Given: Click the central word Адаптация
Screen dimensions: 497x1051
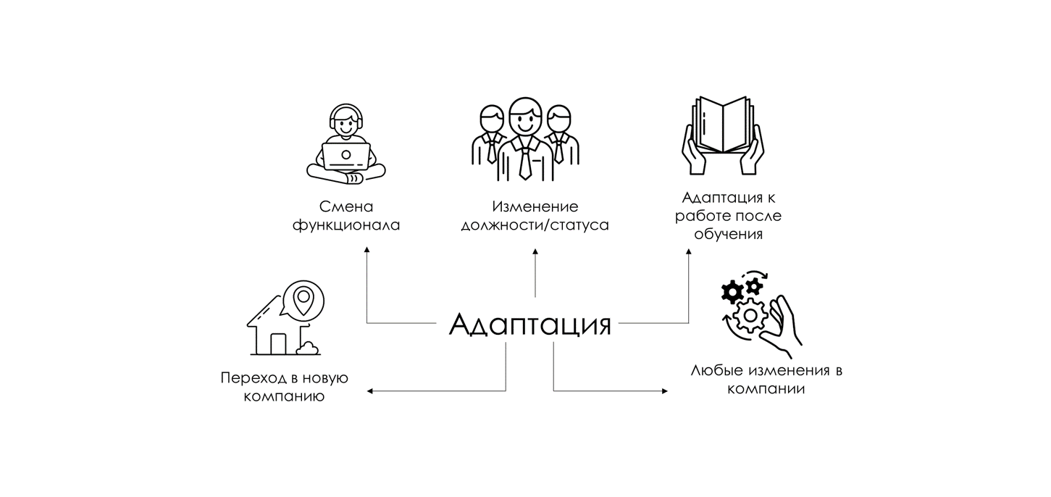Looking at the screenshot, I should (x=529, y=324).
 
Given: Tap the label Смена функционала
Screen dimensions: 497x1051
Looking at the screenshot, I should (x=346, y=216).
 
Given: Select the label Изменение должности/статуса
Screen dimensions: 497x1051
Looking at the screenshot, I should (x=535, y=216).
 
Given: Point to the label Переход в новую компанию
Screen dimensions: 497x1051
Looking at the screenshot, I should (x=284, y=388).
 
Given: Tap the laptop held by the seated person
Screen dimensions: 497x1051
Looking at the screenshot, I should (x=346, y=154).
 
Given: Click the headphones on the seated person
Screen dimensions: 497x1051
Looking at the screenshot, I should (x=346, y=116).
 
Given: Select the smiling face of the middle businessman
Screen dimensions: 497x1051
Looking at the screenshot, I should (x=524, y=116).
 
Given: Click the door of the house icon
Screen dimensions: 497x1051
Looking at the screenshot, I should (x=277, y=343).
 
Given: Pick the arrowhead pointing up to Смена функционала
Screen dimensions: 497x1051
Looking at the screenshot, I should (x=367, y=250).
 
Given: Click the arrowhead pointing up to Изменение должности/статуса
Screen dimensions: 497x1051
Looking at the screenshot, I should (x=535, y=251).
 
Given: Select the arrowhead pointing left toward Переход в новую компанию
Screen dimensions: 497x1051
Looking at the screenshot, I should (x=369, y=391).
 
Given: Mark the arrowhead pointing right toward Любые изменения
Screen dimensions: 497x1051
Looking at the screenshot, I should (x=664, y=391).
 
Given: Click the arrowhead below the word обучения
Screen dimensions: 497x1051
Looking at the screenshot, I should (x=688, y=251).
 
